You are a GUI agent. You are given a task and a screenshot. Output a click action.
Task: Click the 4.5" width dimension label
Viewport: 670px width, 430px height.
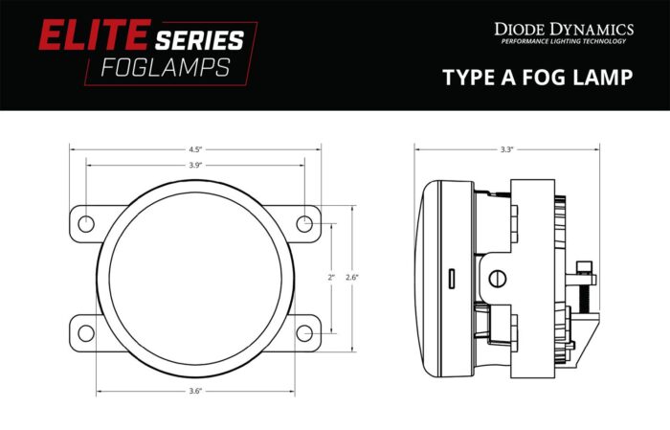(194, 149)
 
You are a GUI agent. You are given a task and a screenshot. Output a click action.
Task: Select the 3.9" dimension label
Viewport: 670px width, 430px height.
(194, 166)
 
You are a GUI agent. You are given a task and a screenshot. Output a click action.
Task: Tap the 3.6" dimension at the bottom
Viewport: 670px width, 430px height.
(194, 391)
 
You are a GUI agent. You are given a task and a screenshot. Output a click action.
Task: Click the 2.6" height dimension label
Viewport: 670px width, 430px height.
(351, 277)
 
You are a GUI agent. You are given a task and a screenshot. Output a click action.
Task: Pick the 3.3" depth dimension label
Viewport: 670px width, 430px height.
(506, 149)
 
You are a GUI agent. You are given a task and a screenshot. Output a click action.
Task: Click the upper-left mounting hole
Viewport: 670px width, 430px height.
(86, 223)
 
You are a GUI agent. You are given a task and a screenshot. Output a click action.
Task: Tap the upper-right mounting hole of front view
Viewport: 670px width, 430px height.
(304, 223)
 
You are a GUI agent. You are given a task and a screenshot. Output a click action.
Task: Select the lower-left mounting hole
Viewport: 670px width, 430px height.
(86, 332)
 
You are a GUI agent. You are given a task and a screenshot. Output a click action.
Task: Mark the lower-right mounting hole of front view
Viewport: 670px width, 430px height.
(304, 332)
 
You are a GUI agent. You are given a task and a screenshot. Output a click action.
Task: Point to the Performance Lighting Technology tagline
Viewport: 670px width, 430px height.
(564, 41)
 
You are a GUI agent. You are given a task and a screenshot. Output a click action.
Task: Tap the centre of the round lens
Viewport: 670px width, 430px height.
(195, 278)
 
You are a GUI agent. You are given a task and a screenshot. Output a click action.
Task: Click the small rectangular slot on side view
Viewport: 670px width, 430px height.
(450, 278)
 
